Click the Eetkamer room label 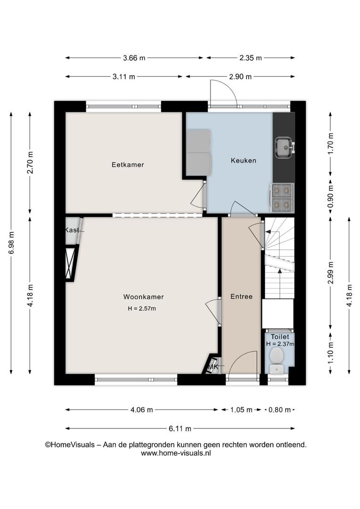128,164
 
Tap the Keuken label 244,160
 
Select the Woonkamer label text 143,297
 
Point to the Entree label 241,296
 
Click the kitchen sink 285,148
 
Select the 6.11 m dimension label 180,428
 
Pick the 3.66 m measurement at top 134,58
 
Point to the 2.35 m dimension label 251,58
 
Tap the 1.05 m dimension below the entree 241,410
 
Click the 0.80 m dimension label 279,410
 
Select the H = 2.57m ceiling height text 142,309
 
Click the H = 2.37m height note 280,344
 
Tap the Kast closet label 72,230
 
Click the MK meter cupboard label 213,367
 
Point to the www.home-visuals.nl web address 176,453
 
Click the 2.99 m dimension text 331,273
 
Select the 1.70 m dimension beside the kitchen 331,143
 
